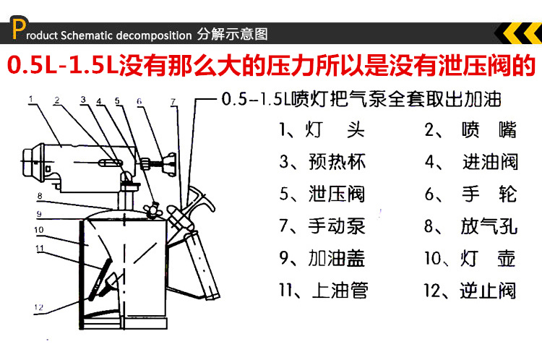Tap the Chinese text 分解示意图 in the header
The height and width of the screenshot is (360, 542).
[233, 34]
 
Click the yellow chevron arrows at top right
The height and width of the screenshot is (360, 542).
[519, 33]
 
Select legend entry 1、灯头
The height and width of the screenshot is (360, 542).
[322, 131]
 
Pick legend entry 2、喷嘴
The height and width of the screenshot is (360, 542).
[470, 131]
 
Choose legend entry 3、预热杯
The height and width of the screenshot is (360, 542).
[322, 162]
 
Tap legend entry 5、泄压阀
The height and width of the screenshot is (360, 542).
[322, 194]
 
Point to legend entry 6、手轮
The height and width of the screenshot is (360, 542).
[470, 194]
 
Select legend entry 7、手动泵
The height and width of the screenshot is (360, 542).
[322, 226]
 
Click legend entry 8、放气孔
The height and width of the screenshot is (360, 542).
[470, 226]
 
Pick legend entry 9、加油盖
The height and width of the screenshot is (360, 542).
[322, 258]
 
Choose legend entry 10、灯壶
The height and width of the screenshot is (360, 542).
[470, 258]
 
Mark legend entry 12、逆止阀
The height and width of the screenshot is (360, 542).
[470, 291]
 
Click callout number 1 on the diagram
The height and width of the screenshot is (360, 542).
[30, 96]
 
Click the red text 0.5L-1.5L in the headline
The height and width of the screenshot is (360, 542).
[62, 66]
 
